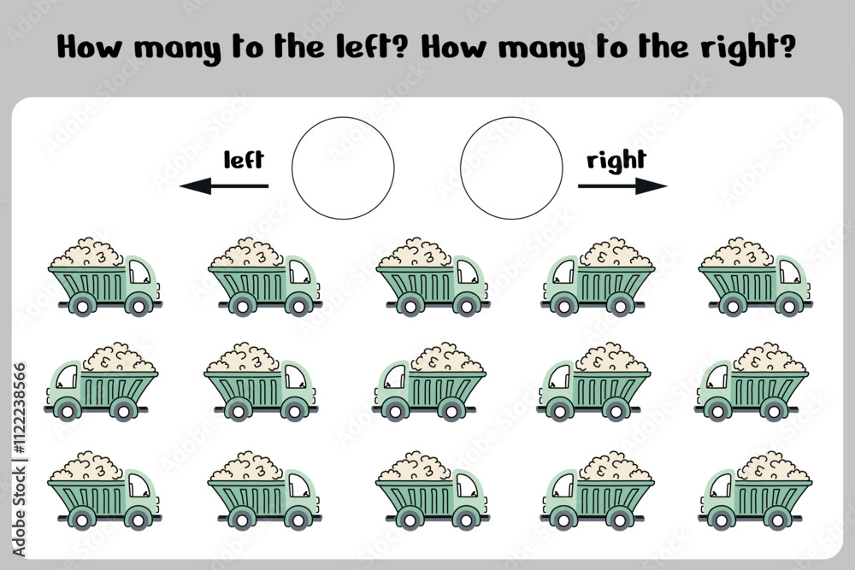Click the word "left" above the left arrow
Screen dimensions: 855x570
(x=244, y=160)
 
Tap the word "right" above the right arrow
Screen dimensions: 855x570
(x=616, y=161)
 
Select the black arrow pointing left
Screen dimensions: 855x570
(x=223, y=185)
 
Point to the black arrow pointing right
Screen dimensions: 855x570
(x=622, y=185)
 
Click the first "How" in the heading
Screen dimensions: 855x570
(x=90, y=47)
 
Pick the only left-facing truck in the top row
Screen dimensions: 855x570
(x=598, y=276)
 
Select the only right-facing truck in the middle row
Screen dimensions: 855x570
(x=261, y=381)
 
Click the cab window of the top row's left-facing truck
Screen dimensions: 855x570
(x=563, y=272)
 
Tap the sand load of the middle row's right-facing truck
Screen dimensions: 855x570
(x=243, y=357)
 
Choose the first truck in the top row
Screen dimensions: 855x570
(x=105, y=276)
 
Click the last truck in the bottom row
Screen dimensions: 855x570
(x=755, y=490)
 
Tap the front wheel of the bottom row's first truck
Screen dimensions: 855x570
(x=138, y=520)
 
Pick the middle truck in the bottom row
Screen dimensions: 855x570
(x=433, y=490)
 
